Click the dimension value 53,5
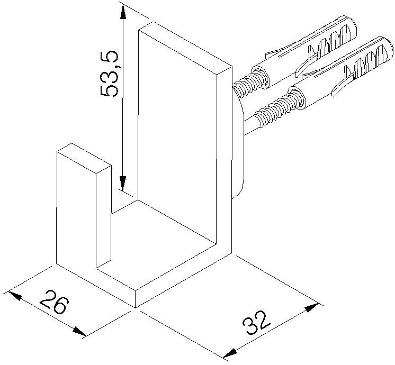coord(109,74)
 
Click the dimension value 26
coord(55,302)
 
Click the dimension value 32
coord(256,323)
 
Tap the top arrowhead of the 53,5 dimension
coord(123,12)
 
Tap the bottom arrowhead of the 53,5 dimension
coord(123,183)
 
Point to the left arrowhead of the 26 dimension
coord(15,295)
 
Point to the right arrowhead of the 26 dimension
coord(79,331)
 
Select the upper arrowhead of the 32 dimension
coord(312,308)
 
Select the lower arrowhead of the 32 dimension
coord(230,353)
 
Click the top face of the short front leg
coord(84,159)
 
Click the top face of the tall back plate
coord(185,48)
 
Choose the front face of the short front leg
coord(76,209)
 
